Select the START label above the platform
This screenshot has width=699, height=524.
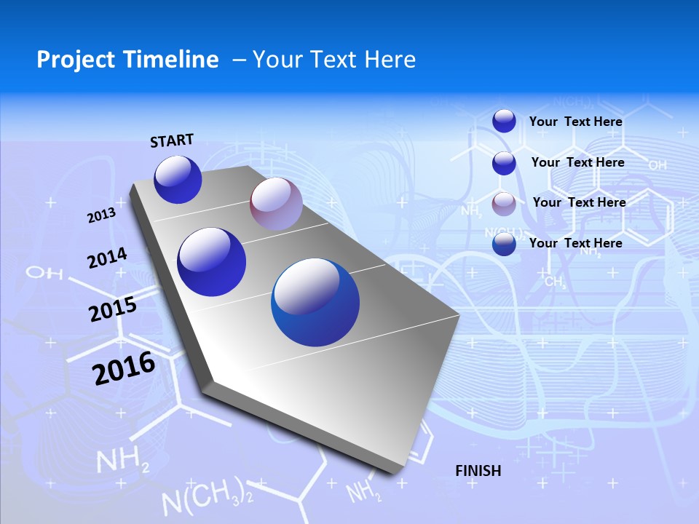172,140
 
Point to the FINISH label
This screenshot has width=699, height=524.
478,471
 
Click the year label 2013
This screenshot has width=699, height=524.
102,215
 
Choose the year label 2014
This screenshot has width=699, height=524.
108,258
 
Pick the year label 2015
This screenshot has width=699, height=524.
113,309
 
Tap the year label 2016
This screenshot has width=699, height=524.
124,368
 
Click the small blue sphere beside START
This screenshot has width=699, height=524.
178,180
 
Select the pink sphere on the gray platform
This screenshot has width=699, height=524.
276,204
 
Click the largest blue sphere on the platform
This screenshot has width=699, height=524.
315,302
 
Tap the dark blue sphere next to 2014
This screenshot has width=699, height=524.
212,262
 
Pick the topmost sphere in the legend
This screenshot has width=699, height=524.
504,121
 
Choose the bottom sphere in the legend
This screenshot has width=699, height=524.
504,244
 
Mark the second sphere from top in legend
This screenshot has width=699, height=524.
504,162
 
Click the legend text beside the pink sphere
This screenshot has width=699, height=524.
580,202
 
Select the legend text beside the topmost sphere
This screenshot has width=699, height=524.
576,122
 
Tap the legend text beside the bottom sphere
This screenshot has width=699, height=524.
576,243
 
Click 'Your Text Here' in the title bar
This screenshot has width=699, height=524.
334,60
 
